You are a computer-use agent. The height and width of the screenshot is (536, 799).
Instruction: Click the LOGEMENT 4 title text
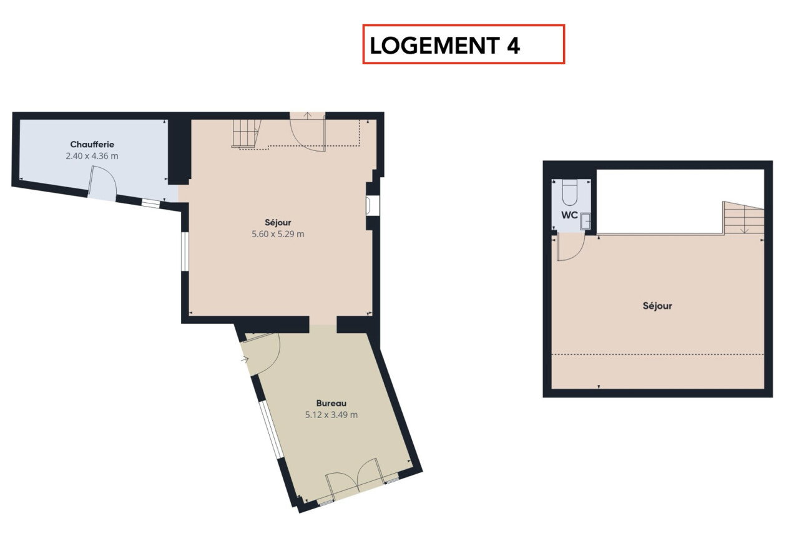tap(445, 46)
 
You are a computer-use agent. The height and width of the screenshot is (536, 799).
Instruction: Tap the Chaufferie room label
tap(92, 144)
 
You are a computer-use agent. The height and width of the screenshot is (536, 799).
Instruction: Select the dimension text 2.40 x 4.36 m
tap(92, 156)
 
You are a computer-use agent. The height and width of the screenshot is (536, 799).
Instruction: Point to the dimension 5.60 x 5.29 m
tap(278, 234)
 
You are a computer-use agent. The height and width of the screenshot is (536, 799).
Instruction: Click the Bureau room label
tap(331, 403)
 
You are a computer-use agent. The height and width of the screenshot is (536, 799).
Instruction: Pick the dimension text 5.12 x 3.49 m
tap(331, 415)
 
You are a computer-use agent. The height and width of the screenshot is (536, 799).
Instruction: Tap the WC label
tap(570, 215)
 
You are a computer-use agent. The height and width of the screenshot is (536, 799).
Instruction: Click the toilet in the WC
tap(570, 193)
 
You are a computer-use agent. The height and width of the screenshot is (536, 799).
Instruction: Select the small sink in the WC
tap(586, 221)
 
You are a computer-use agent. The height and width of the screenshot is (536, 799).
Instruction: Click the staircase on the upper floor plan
tap(744, 218)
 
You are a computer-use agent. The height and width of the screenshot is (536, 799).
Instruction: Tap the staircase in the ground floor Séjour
tap(246, 134)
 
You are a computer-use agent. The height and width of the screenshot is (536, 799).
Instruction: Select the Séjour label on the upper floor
tap(657, 306)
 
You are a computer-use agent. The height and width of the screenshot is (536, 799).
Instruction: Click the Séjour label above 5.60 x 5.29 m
tap(278, 223)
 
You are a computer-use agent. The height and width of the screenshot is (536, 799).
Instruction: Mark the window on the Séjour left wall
tap(185, 251)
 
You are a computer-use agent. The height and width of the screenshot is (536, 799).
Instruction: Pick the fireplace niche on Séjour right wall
tap(373, 205)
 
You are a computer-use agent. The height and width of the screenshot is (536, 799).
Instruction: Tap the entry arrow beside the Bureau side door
tap(244, 360)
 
